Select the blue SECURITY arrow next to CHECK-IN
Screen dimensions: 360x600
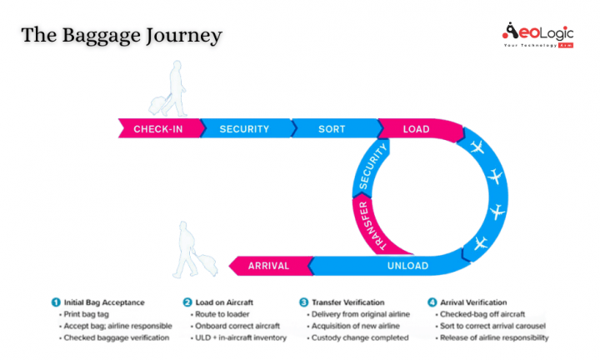pyautogui.click(x=244, y=129)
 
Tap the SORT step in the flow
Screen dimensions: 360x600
pyautogui.click(x=331, y=129)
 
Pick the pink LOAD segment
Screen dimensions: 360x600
pyautogui.click(x=416, y=129)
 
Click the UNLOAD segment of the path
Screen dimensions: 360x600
pyautogui.click(x=407, y=266)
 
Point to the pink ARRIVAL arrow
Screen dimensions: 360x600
pyautogui.click(x=268, y=266)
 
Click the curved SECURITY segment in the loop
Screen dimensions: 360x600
pyautogui.click(x=372, y=166)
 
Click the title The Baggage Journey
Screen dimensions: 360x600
pyautogui.click(x=122, y=35)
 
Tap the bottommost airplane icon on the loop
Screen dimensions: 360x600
pyautogui.click(x=479, y=244)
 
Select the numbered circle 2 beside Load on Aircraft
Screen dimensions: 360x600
pyautogui.click(x=187, y=302)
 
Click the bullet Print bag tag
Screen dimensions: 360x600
pyautogui.click(x=87, y=314)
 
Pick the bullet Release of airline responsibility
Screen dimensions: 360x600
pyautogui.click(x=492, y=337)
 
